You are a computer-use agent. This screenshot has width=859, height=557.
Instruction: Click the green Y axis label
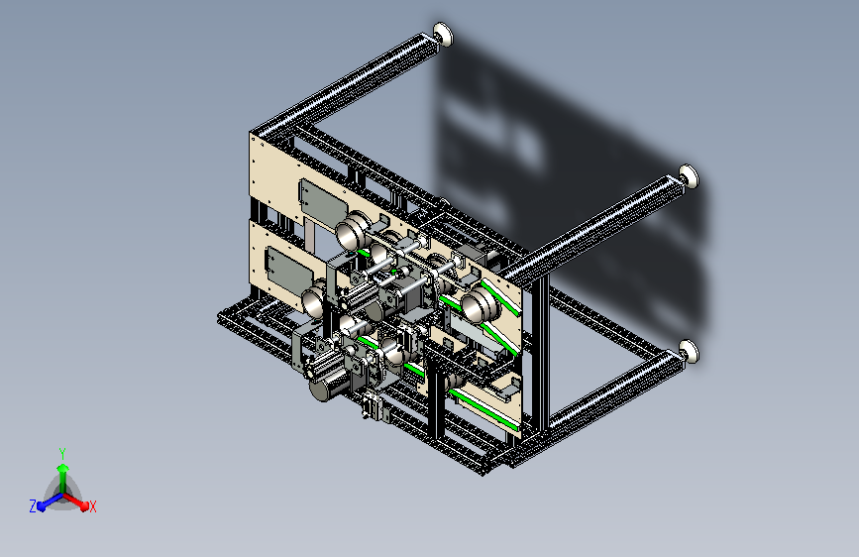coord(62,453)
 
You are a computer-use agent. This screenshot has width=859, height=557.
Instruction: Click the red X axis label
coord(92,506)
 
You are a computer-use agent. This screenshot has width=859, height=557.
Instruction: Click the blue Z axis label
coord(33,506)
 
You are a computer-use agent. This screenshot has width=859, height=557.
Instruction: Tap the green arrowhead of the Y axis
coord(63,468)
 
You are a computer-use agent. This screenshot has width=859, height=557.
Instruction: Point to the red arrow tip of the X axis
coord(84,506)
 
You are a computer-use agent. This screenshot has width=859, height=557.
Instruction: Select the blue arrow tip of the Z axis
coord(41,506)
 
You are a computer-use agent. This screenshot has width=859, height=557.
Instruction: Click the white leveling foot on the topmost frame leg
coord(443,34)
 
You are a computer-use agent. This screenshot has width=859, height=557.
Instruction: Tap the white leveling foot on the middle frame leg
coord(689,176)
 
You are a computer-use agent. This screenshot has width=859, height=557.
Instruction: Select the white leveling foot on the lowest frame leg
coord(690,352)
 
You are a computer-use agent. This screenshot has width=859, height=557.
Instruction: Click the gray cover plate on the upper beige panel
coord(322,204)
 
